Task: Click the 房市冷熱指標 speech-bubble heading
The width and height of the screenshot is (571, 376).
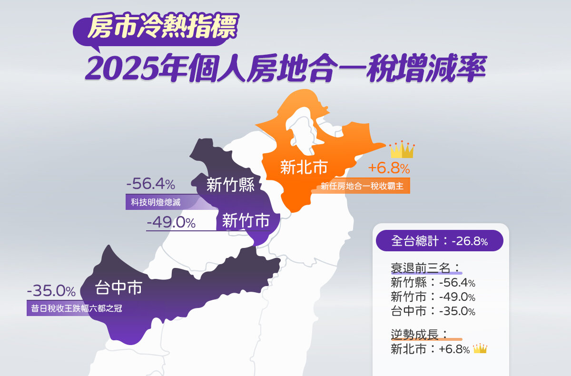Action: [162, 28]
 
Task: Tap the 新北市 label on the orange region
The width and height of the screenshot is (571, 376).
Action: [304, 167]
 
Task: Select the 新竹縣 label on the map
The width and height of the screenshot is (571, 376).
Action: [231, 185]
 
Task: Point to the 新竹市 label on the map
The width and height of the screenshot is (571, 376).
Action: [246, 220]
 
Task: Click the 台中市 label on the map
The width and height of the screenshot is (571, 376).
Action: [118, 287]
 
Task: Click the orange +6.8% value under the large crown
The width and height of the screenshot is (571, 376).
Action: [389, 168]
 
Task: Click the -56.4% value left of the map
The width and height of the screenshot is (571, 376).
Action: [151, 184]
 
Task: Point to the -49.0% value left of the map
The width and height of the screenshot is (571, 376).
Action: [171, 222]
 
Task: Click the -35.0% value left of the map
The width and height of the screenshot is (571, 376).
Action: [51, 290]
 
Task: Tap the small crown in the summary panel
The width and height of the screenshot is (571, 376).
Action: [480, 349]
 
